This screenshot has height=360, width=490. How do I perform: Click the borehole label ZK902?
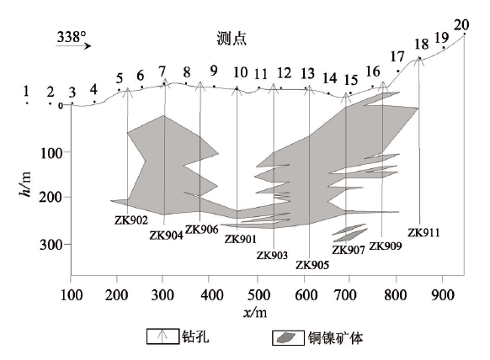131,220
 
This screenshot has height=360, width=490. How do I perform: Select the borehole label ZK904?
166,236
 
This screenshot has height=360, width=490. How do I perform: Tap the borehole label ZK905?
312,265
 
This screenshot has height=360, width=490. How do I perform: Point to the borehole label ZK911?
423,233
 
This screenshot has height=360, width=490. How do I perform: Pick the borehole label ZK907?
348,250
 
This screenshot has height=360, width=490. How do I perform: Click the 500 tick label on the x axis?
258,295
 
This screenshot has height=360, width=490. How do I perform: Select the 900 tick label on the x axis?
443,295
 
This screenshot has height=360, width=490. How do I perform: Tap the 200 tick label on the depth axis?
51,198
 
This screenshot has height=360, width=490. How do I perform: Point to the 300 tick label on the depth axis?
51,245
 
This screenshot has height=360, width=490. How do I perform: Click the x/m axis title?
255,312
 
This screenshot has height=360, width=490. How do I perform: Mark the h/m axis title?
25,184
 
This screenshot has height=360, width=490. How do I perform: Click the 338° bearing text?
72,37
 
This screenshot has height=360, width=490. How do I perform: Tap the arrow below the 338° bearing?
74,46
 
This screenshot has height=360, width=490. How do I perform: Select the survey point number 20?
461,25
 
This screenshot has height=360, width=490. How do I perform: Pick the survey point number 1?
26,91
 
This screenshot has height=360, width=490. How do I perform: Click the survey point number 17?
397,57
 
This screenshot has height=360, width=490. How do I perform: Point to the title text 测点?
232,39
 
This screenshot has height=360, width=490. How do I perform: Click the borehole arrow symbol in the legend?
162,336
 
